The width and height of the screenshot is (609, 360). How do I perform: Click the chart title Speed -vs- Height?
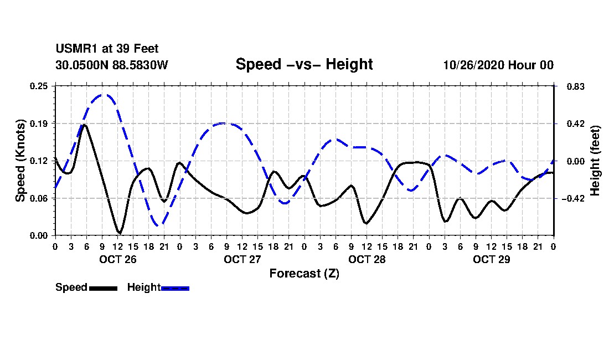coord(304,64)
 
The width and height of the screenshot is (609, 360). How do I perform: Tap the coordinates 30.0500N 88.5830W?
coord(111,65)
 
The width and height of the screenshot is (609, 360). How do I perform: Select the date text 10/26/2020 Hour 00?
coord(498,65)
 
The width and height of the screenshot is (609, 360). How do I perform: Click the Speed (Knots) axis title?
coord(20,161)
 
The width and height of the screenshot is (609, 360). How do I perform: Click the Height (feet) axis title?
coord(595,161)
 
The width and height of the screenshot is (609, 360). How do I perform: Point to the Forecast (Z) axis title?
coord(304,274)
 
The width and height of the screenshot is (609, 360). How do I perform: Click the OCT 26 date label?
coord(117,259)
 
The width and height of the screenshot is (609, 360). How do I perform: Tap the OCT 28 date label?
coord(367,259)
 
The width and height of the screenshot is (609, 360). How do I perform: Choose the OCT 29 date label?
coord(491,259)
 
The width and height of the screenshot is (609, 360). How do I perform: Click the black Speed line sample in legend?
coord(103,288)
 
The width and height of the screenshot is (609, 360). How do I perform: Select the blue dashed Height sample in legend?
coord(175,288)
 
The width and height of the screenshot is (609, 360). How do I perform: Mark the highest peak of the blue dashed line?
coord(103,95)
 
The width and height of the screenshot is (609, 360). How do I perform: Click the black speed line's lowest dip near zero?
coord(119,233)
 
